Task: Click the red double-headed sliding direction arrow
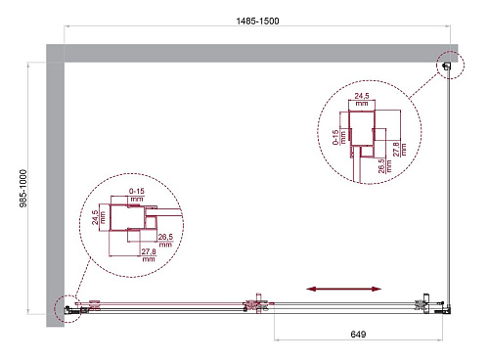tap(345, 289)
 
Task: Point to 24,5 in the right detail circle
tap(361, 97)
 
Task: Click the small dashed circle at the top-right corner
tap(448, 65)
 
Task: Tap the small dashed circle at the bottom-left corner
tap(67, 308)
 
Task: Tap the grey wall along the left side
tap(54, 186)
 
